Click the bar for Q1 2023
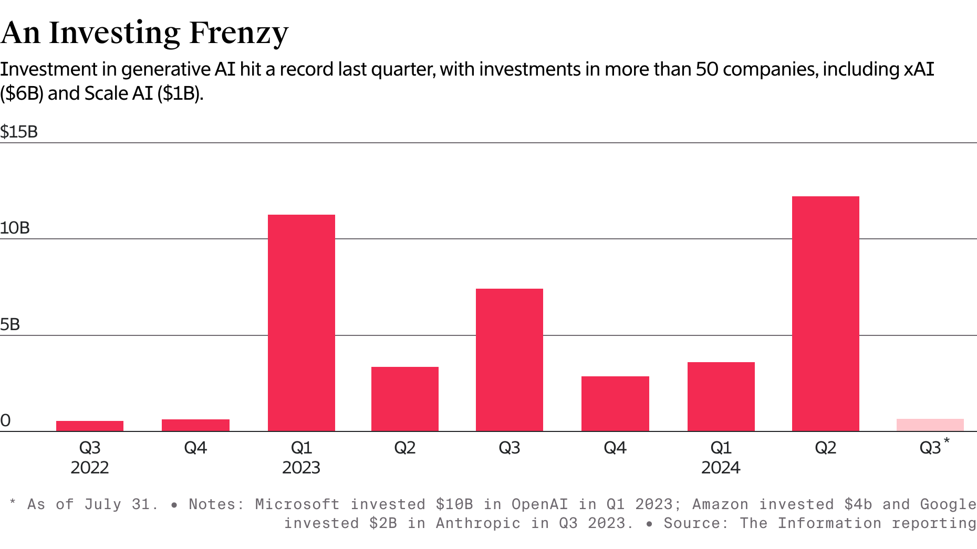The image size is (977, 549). click(x=301, y=323)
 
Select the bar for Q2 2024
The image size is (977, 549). click(x=825, y=314)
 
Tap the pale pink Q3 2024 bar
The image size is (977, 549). click(x=930, y=425)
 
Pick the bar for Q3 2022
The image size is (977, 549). click(x=90, y=426)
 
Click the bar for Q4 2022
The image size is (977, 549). click(x=195, y=425)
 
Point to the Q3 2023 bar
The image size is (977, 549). click(x=509, y=360)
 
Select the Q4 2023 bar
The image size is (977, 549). click(x=615, y=404)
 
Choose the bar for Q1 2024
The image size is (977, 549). click(x=721, y=397)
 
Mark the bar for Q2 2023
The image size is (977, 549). click(x=404, y=399)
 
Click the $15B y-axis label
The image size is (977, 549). click(x=19, y=132)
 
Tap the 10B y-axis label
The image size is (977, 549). click(x=15, y=228)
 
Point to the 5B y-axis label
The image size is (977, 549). click(x=10, y=324)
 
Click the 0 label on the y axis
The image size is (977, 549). click(x=5, y=420)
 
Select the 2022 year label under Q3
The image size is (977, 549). click(x=90, y=468)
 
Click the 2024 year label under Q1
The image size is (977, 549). click(x=721, y=468)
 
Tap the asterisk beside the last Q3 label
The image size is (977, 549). click(x=947, y=441)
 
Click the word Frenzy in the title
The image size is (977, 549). click(x=238, y=33)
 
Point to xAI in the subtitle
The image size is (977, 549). click(x=919, y=69)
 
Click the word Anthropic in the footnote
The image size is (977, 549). click(x=478, y=523)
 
